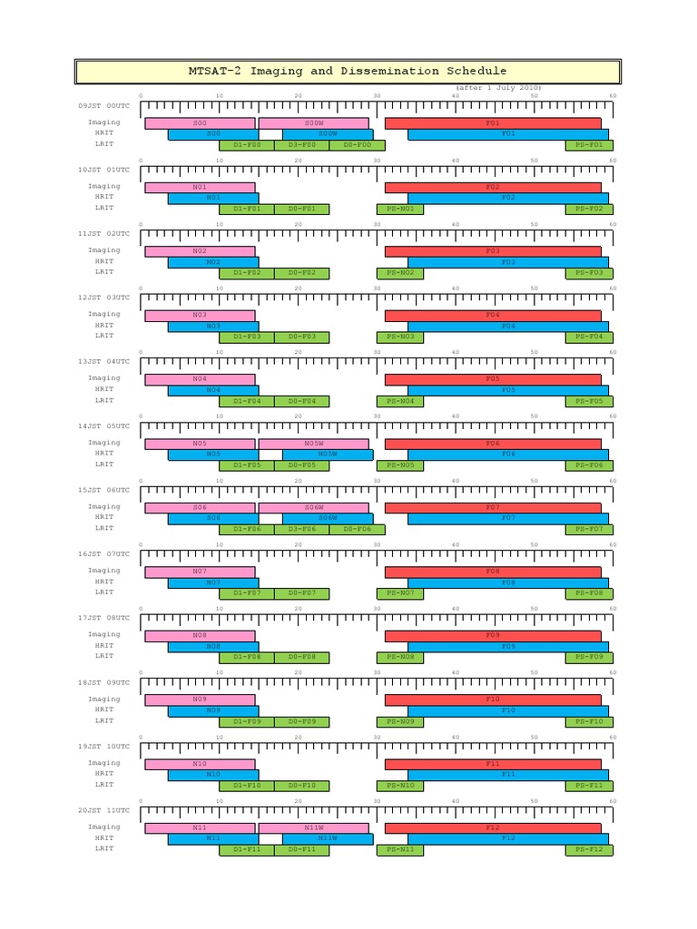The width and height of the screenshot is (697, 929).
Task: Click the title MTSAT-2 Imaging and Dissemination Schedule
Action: click(x=348, y=72)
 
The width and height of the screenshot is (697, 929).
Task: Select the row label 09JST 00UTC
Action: click(x=104, y=107)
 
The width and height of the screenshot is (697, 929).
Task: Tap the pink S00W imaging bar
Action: click(x=314, y=122)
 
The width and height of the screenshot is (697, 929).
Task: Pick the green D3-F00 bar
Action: click(x=301, y=145)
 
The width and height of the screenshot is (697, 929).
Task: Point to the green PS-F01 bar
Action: click(x=589, y=145)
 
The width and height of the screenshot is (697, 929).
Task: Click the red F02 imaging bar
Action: click(x=493, y=187)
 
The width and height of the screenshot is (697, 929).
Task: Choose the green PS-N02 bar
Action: click(x=400, y=273)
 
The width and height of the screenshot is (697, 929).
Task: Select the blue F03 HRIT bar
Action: click(x=507, y=262)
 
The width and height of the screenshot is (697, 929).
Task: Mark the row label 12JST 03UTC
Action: click(x=104, y=298)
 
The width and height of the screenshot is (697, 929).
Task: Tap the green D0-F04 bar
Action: click(x=301, y=401)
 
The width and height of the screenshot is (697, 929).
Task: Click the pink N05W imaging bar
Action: click(x=314, y=444)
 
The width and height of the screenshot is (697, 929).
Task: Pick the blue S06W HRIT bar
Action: click(x=327, y=518)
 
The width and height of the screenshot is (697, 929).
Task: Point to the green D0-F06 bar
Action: click(x=357, y=529)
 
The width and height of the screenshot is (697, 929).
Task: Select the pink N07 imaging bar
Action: click(x=200, y=572)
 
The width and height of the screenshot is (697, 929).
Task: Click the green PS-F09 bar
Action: click(x=589, y=657)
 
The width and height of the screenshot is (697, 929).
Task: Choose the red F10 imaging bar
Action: click(x=493, y=699)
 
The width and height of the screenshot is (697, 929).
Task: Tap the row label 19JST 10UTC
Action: click(x=104, y=746)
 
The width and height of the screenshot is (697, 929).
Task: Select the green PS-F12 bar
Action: click(x=589, y=850)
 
